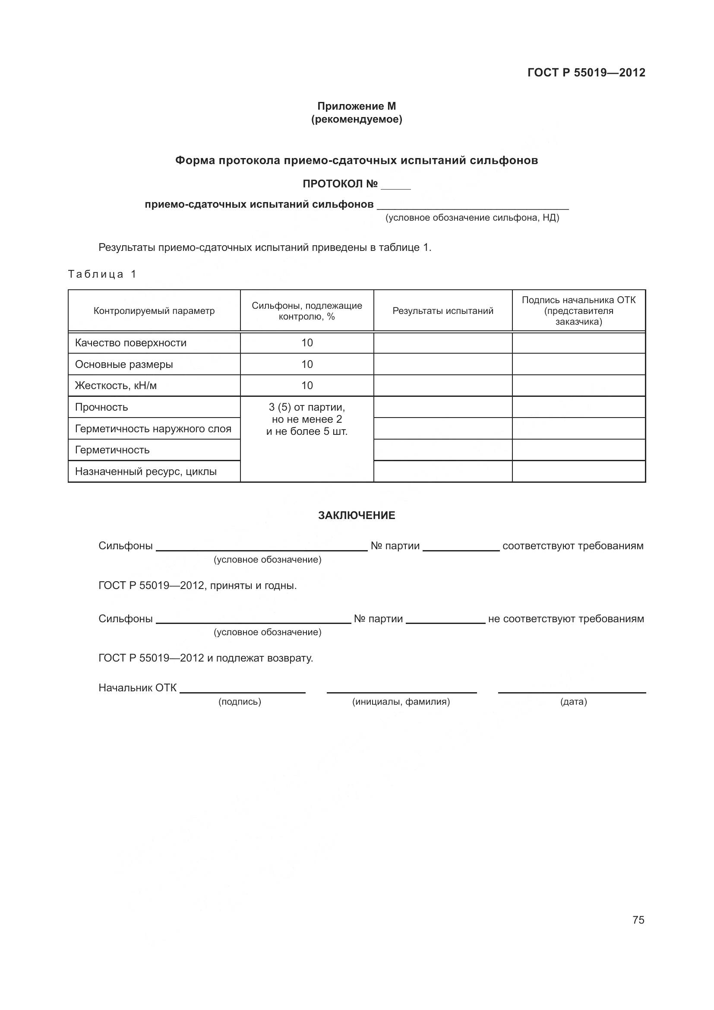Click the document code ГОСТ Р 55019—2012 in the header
586,73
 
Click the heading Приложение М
357,106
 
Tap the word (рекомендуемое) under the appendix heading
357,119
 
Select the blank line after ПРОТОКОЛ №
396,187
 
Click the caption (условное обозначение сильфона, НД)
472,218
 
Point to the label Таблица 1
102,275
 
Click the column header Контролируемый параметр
154,311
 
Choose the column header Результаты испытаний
443,311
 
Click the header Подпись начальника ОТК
578,301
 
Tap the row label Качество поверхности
130,343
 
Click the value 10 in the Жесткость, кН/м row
307,385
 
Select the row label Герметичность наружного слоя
153,428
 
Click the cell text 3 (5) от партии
307,407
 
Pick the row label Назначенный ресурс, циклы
145,472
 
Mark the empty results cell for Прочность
443,407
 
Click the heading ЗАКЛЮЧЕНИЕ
357,515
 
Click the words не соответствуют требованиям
566,619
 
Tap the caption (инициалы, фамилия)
401,702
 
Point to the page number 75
638,920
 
